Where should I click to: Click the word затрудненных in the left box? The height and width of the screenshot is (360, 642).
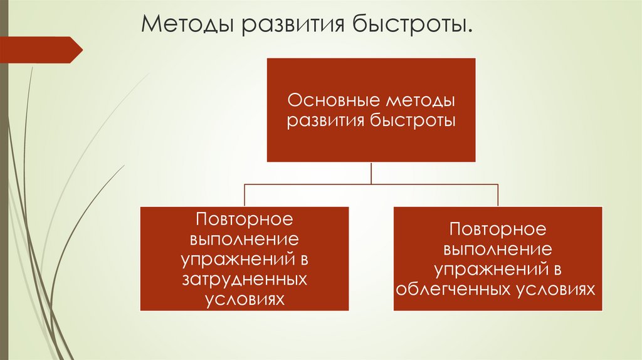tap(244, 278)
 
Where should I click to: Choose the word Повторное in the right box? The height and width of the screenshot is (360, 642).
tap(498, 229)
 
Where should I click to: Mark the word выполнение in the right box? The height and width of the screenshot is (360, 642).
tap(498, 249)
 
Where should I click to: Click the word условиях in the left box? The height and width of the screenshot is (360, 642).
tap(244, 299)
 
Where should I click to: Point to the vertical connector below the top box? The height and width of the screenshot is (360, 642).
tap(371, 173)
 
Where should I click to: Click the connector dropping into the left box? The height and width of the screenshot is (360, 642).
tap(245, 195)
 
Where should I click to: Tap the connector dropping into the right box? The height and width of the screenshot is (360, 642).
tap(498, 195)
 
